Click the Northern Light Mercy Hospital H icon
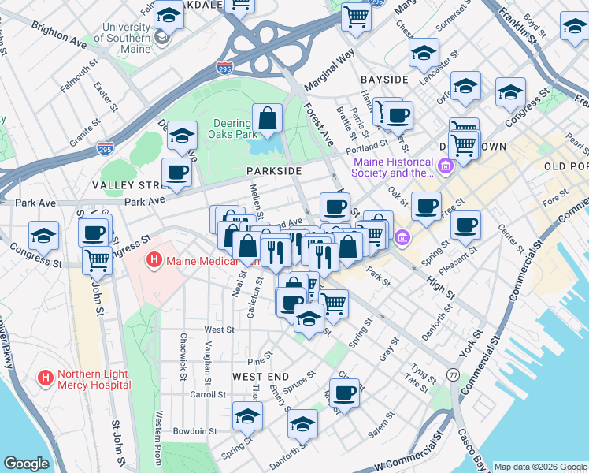[45, 378]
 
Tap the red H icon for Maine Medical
[154, 259]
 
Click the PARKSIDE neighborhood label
[273, 171]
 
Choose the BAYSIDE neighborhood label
[384, 80]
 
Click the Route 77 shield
[454, 374]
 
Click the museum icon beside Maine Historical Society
[447, 166]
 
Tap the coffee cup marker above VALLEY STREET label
[176, 172]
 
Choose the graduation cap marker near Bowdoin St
[247, 416]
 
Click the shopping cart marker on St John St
[97, 259]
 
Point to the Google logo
[26, 464]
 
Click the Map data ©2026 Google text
[539, 467]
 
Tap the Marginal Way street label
[335, 58]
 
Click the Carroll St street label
[208, 393]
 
